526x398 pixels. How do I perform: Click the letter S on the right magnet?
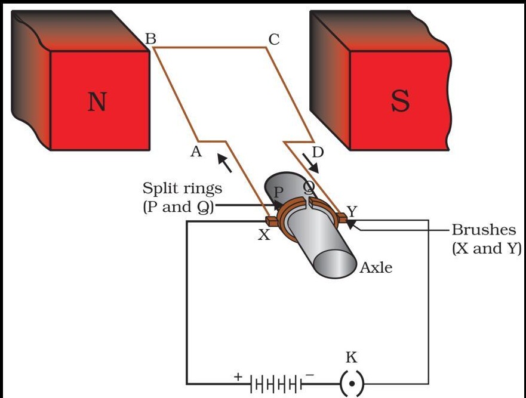401,101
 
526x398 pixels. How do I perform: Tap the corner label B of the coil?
150,39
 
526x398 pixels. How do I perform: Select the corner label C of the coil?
273,40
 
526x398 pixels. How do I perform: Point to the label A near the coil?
195,152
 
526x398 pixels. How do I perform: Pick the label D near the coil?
318,152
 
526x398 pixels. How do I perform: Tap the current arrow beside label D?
311,163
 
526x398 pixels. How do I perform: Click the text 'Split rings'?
182,189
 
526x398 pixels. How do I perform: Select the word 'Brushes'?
484,231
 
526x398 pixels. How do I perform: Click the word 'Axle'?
376,268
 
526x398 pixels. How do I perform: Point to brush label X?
263,235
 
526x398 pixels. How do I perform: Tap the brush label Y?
352,211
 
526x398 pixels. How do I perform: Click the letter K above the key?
352,357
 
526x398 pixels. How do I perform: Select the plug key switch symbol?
352,383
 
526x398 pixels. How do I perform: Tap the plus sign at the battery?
238,377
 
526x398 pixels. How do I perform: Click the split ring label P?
278,192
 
